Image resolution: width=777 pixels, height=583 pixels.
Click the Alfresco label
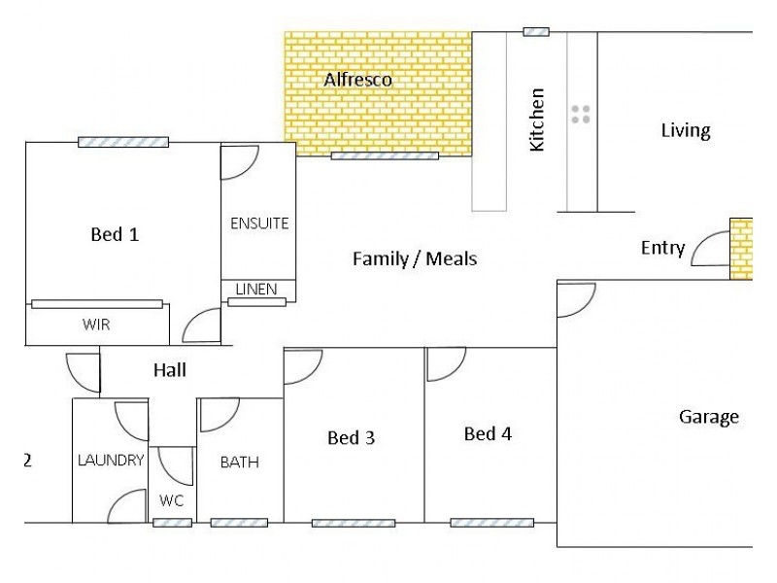point(357,80)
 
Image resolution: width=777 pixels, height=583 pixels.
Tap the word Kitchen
point(537,120)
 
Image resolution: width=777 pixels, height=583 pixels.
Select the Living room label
point(686,130)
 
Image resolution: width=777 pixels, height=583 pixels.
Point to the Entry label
point(662,248)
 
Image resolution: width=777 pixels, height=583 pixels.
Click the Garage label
point(709,417)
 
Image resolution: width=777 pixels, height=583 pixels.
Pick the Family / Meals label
point(415,258)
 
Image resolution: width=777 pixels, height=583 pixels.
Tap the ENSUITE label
point(259,223)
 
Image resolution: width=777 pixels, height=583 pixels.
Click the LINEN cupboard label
point(256,289)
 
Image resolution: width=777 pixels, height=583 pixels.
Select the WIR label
point(96,325)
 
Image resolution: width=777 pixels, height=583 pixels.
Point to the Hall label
point(170,370)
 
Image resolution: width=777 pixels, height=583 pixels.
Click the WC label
point(172,500)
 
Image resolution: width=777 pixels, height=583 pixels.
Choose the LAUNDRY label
point(111,460)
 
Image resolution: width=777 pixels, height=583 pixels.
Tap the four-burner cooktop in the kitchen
point(580,114)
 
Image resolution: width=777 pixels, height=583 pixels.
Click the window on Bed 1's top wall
point(123,142)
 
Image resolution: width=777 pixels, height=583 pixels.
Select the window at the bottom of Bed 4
point(492,523)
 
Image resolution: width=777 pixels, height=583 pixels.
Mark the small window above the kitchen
point(536,32)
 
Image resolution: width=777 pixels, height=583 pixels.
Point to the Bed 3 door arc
point(312,375)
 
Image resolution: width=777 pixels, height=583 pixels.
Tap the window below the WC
point(173,523)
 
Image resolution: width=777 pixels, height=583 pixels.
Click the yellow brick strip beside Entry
point(741,249)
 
